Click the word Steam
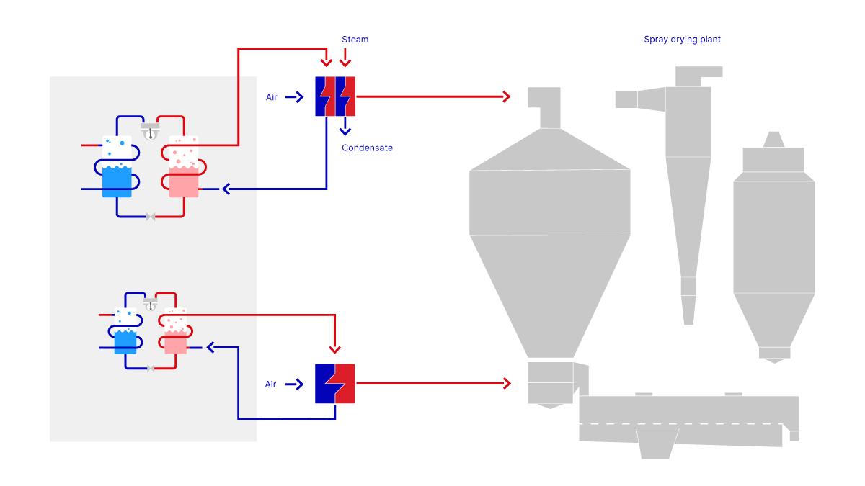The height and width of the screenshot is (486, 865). coord(355,40)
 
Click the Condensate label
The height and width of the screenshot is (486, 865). coord(367,148)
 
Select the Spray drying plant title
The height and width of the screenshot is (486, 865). coord(682,40)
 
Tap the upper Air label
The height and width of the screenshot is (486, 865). coord(272,97)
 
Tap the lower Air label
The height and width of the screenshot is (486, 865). coord(270,384)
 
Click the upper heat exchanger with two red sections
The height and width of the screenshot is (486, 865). coord(335,96)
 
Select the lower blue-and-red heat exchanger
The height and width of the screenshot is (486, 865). coord(334,383)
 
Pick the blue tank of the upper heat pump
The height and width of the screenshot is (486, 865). coord(117,181)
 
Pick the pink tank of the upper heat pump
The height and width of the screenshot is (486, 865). coord(183,181)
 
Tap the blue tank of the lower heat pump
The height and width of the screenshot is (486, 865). coord(125,342)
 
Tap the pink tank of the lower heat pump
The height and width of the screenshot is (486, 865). coord(175,342)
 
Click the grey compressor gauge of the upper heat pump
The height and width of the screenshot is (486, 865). coord(150,131)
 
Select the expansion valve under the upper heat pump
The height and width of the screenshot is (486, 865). coord(151,217)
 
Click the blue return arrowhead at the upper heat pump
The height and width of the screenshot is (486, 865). coord(226,189)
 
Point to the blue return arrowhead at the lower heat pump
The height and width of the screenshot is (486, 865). coord(211,348)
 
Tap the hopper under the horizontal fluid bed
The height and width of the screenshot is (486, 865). coord(658,443)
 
